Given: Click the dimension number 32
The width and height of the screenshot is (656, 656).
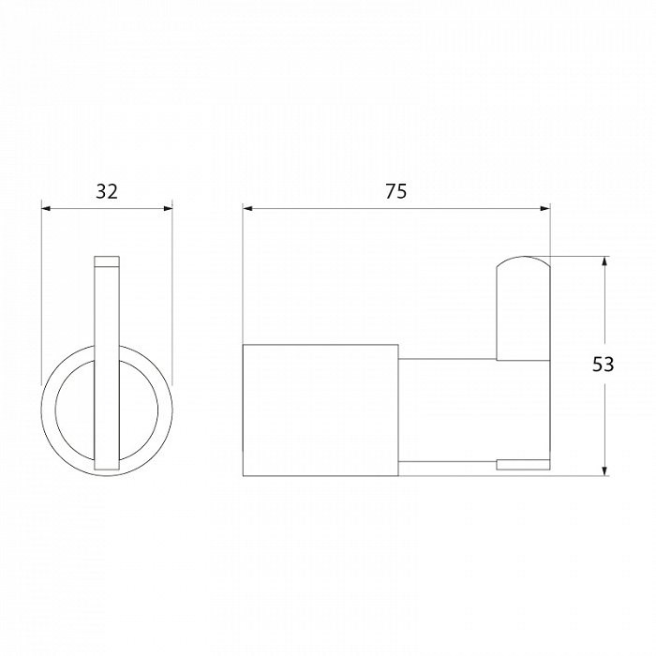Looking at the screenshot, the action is point(107,192).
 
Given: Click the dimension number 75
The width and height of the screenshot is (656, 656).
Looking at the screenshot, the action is point(395,192).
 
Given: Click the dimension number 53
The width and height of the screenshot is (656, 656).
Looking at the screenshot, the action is point(603,365).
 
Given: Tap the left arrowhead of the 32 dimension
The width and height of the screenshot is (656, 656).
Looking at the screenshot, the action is point(46,208).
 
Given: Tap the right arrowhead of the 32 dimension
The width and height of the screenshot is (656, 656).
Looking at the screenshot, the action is point(168,208).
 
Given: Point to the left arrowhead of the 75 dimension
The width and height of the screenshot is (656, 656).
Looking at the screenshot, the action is point(247,208).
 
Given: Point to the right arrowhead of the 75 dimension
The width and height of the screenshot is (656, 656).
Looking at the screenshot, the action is point(545,208).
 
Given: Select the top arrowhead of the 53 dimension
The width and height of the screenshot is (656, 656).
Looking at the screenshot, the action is point(604,261).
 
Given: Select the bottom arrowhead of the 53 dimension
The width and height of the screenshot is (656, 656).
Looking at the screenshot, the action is point(604,470).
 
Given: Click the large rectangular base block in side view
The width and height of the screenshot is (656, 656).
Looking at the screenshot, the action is point(321,410).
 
